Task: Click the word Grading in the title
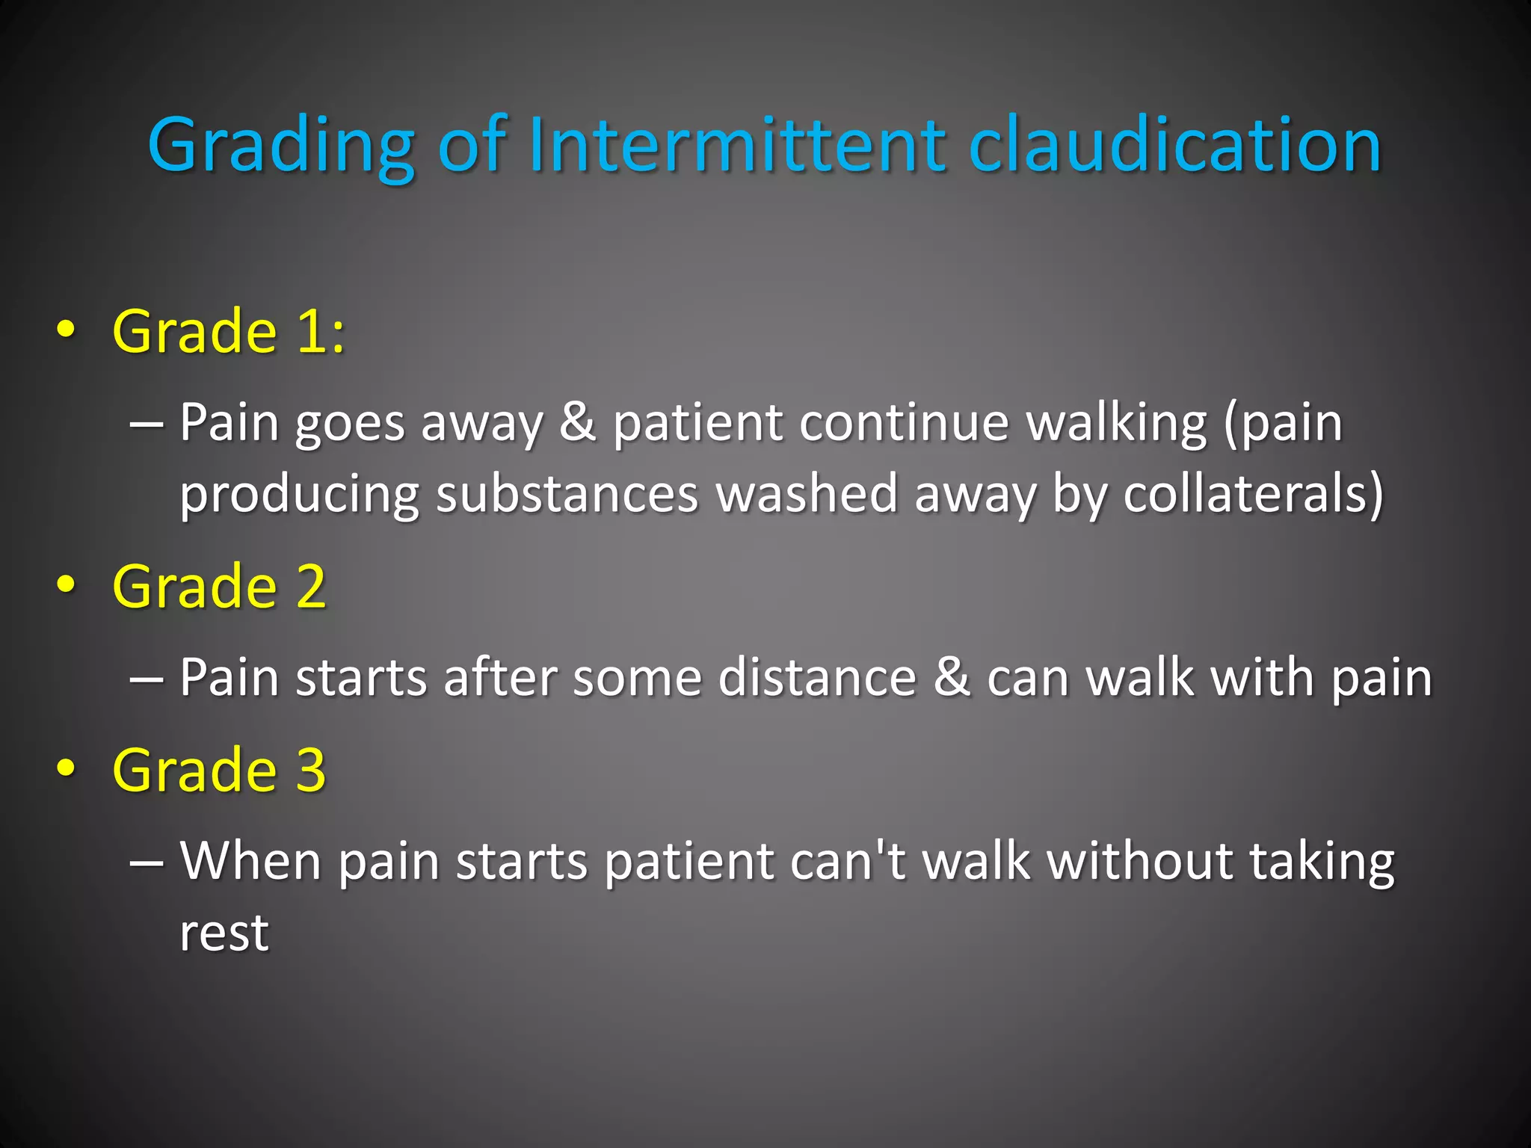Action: pyautogui.click(x=281, y=146)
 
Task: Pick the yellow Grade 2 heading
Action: pyautogui.click(x=219, y=587)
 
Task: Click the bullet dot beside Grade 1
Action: pyautogui.click(x=66, y=331)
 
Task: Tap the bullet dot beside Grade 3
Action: pyautogui.click(x=66, y=769)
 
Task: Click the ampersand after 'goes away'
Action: pyautogui.click(x=578, y=422)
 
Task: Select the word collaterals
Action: pyautogui.click(x=1253, y=494)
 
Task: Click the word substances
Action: pyautogui.click(x=567, y=494)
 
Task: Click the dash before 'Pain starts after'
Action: pyautogui.click(x=146, y=679)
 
